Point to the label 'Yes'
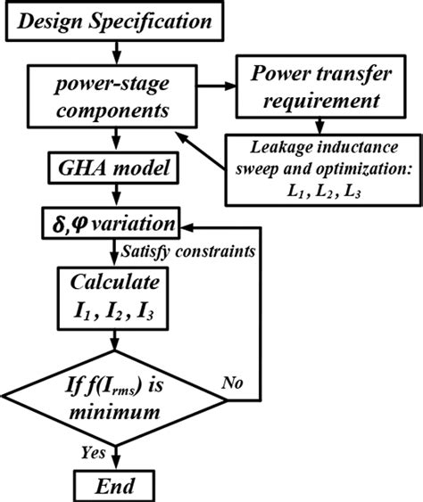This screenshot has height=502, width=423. pos(93,453)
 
